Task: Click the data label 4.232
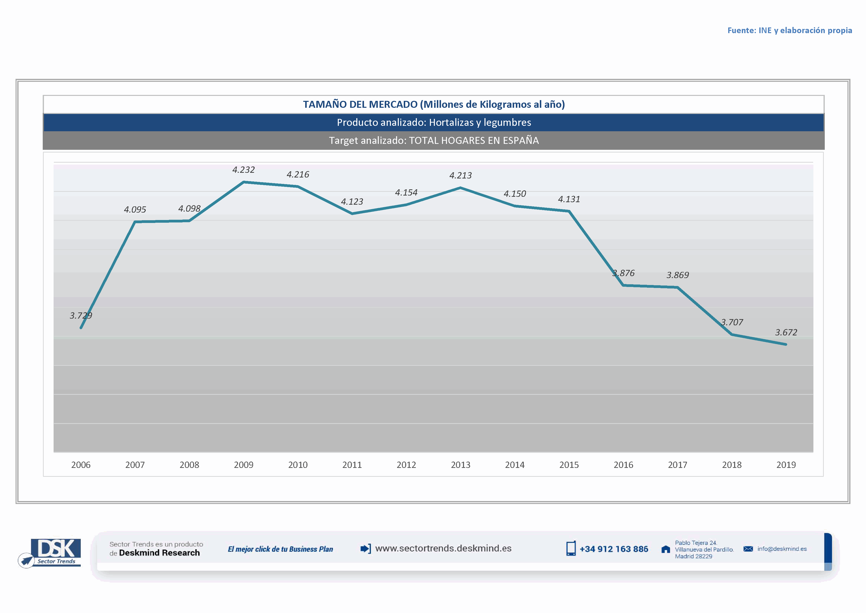click(x=243, y=170)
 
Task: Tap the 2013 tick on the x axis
click(x=461, y=465)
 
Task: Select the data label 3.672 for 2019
click(x=786, y=332)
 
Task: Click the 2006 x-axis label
click(x=81, y=465)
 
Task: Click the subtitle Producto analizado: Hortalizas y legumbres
click(x=434, y=122)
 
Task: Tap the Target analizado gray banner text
click(x=434, y=140)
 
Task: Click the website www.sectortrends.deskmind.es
click(x=443, y=548)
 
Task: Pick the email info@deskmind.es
click(x=782, y=549)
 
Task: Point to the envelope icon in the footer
click(x=748, y=549)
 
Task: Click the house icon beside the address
click(x=666, y=549)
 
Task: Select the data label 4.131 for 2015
click(x=569, y=199)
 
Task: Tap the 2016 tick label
click(x=623, y=465)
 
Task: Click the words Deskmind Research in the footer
click(x=159, y=553)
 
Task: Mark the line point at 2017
click(x=677, y=287)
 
